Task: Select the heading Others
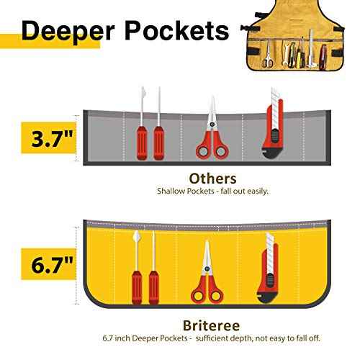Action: click(212, 178)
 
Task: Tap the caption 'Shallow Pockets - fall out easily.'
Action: click(212, 192)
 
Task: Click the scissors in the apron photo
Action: click(267, 55)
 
